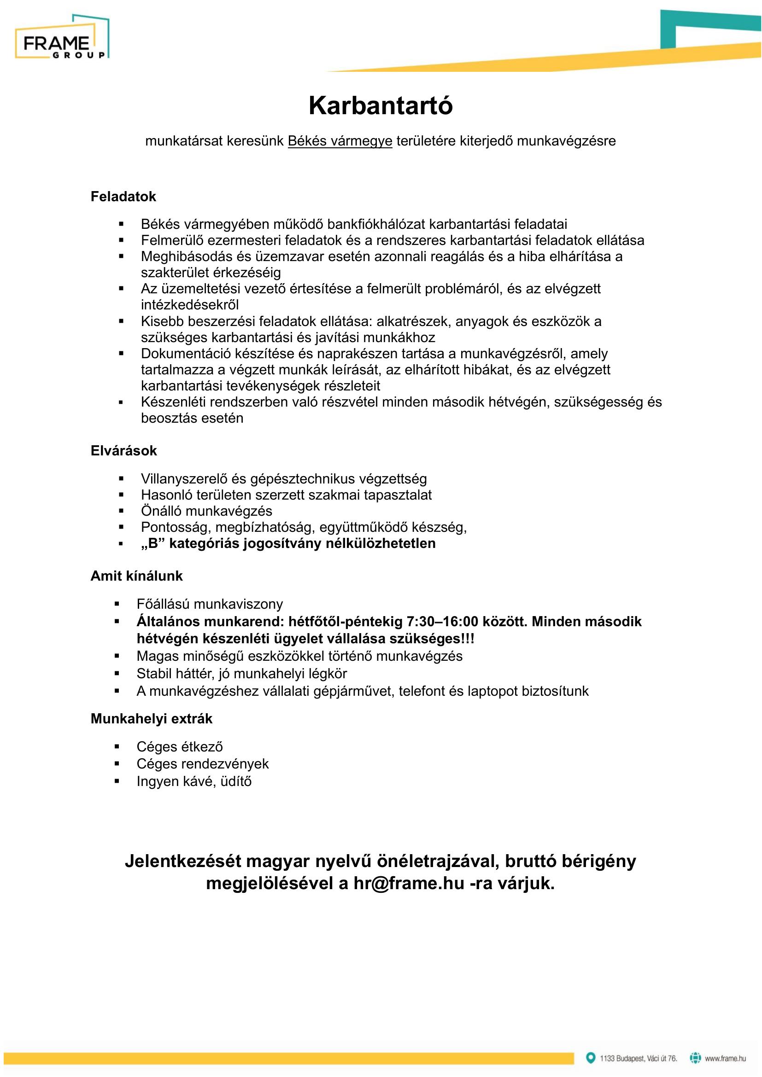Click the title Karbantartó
(381, 105)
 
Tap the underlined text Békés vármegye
(340, 141)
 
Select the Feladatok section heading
(123, 197)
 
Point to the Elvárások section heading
(123, 451)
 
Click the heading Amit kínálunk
(136, 576)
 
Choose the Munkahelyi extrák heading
(151, 719)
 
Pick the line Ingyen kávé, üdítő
(194, 781)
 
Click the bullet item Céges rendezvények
(202, 764)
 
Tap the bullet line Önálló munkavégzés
(206, 511)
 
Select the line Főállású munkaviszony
(210, 604)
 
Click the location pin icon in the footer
(590, 1058)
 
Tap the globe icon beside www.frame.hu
(695, 1058)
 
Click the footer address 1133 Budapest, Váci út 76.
(638, 1058)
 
